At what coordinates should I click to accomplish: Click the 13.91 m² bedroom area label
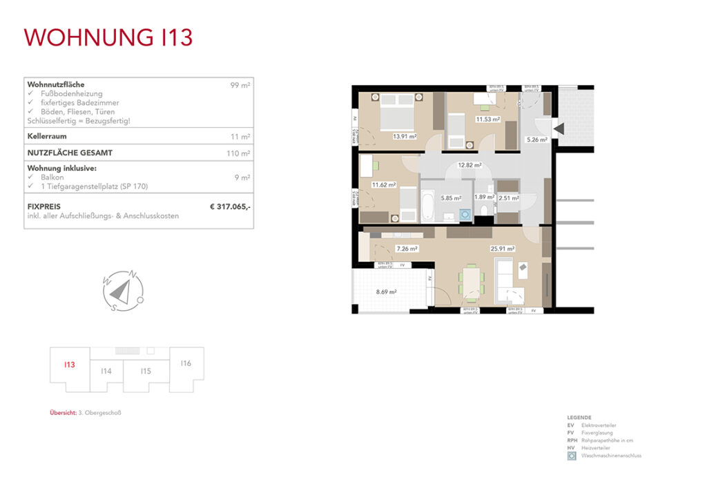pyautogui.click(x=404, y=137)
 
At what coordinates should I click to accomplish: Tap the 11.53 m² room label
pyautogui.click(x=487, y=119)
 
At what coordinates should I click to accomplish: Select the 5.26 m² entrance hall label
pyautogui.click(x=536, y=140)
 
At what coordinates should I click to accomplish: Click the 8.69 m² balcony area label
pyautogui.click(x=386, y=292)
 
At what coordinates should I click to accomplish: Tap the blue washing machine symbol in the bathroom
pyautogui.click(x=465, y=215)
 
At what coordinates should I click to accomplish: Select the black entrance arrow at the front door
pyautogui.click(x=559, y=127)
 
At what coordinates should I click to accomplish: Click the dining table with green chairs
pyautogui.click(x=472, y=282)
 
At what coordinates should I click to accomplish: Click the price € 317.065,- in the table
pyautogui.click(x=230, y=206)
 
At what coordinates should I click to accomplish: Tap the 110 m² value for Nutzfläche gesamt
pyautogui.click(x=238, y=153)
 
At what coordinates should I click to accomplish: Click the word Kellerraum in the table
pyautogui.click(x=46, y=137)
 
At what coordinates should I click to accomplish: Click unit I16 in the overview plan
pyautogui.click(x=186, y=363)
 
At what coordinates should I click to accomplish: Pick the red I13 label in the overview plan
pyautogui.click(x=69, y=365)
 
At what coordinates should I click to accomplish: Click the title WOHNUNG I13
pyautogui.click(x=108, y=37)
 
